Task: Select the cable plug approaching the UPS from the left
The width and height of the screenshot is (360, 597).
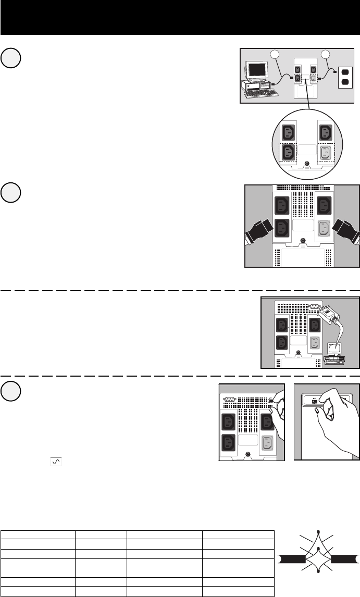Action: tap(260, 231)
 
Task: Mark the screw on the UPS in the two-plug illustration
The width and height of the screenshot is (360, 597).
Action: tap(303, 240)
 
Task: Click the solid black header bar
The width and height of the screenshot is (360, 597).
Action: tap(180, 17)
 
